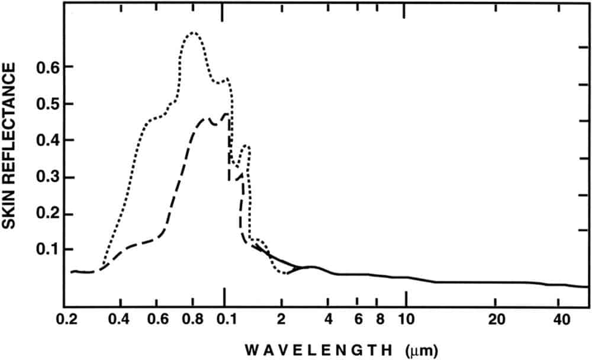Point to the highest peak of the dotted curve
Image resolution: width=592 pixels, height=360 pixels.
pyautogui.click(x=192, y=33)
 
